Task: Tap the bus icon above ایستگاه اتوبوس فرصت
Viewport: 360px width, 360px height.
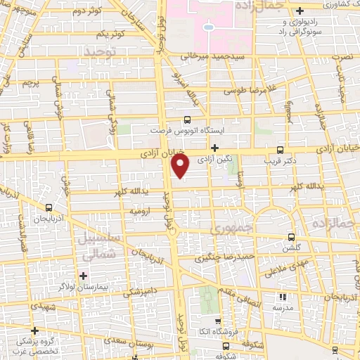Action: click(187, 120)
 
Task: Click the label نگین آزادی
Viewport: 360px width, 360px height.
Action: click(214, 160)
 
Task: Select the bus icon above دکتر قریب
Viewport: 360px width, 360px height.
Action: click(281, 150)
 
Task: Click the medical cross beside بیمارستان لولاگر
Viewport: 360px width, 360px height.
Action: click(84, 274)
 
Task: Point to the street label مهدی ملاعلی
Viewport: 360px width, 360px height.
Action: click(281, 267)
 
